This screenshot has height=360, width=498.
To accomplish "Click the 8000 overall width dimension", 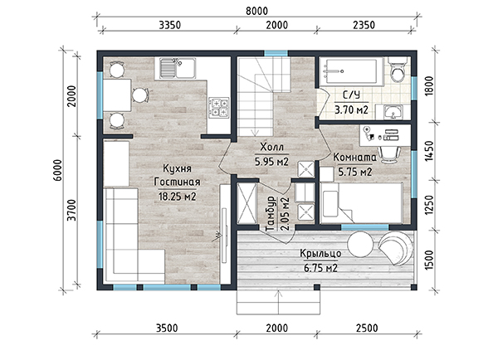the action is click(x=256, y=11).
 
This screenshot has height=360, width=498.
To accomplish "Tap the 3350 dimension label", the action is click(x=169, y=25).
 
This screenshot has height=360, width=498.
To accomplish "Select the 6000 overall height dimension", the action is click(x=58, y=170).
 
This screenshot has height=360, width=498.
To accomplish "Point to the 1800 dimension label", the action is click(x=428, y=86).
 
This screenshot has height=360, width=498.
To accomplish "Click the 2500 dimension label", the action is click(x=367, y=328).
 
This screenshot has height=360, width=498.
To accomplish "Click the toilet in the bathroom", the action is click(x=397, y=71).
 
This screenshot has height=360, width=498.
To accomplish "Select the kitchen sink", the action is click(x=175, y=68).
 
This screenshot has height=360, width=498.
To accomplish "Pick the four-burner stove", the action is click(x=218, y=108).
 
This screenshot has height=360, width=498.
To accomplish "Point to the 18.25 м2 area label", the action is click(x=178, y=197).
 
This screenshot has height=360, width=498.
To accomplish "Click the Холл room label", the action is click(x=272, y=148).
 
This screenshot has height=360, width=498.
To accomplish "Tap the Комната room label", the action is click(x=354, y=158).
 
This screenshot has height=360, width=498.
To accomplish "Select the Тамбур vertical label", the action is click(x=270, y=214).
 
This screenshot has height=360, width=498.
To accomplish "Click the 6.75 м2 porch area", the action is click(x=320, y=268).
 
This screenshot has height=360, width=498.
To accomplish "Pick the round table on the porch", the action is click(x=360, y=244).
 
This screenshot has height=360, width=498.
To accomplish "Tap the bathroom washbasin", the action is click(x=393, y=112).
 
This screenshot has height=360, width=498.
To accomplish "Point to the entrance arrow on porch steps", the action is click(x=279, y=303).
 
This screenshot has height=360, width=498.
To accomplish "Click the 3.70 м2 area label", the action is click(x=351, y=109).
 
